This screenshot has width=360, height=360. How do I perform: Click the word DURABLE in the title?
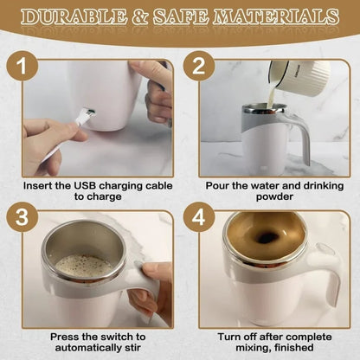tap(75, 16)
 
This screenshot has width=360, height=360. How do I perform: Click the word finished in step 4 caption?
tap(294, 347)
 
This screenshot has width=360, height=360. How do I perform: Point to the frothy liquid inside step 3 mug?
tap(83, 264)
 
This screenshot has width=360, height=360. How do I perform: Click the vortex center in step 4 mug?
tap(267, 237)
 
